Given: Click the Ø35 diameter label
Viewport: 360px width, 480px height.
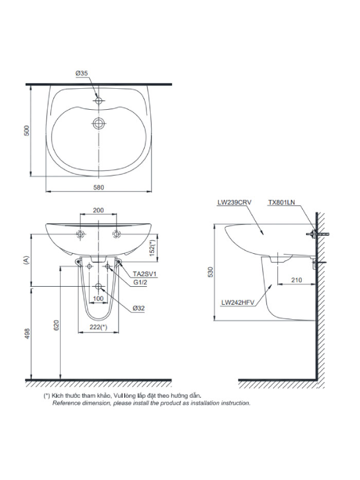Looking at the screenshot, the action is [82, 73].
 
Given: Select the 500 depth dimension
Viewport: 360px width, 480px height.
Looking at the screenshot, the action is [26, 131].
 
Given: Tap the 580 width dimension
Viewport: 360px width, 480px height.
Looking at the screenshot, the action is [98, 187].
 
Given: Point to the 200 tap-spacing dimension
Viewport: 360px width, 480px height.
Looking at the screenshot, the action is [98, 211].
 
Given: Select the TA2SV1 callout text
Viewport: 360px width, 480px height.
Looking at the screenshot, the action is [145, 274].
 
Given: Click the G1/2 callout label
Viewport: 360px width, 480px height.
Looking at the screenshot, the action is [140, 283].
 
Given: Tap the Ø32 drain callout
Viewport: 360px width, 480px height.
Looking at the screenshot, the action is [139, 308].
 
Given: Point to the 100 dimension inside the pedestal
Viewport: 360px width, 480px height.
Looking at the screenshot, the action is [98, 298].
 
